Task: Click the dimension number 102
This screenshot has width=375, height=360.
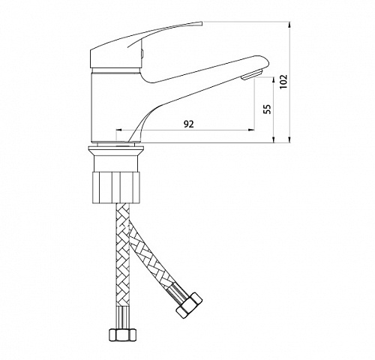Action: coord(283,82)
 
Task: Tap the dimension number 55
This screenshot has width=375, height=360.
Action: coord(267,109)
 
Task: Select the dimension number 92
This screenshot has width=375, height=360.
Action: coord(189,124)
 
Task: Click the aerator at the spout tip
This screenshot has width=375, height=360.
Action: coord(252,75)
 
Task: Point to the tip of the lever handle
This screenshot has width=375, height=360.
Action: coord(201,23)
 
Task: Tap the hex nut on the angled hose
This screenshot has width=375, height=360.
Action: coord(189,305)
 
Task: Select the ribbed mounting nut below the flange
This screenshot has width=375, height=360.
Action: coord(115,187)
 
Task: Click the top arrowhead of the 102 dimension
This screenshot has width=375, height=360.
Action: coord(289,25)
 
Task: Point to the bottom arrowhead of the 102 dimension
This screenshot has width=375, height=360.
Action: coord(289,140)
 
